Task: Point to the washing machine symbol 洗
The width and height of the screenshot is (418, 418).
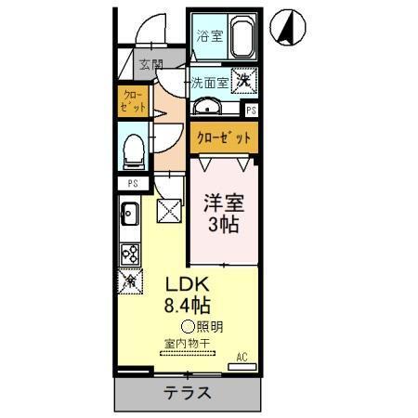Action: (x=243, y=82)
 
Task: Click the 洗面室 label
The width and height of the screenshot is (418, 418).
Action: (x=211, y=82)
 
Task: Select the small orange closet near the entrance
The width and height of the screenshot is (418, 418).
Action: (x=133, y=100)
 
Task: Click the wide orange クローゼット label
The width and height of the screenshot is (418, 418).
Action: (x=223, y=138)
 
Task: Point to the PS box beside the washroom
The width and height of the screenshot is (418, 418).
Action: (x=251, y=111)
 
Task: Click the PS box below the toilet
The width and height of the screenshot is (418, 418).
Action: (x=133, y=183)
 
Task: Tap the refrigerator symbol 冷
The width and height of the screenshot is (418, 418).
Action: (x=129, y=280)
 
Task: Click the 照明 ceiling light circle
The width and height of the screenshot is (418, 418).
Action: (x=188, y=326)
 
